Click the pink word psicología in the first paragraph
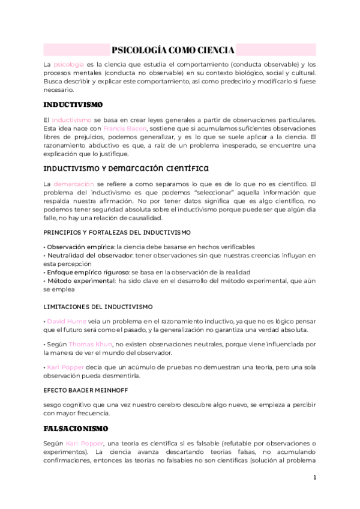68,64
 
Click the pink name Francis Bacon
122,128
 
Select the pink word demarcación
74,182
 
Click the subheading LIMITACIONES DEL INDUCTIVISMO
98,306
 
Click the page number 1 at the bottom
314,478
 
